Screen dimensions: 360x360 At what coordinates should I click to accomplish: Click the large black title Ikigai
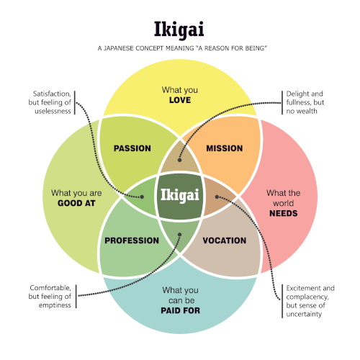(x=179, y=30)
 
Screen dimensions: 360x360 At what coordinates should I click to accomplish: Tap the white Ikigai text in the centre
(x=180, y=195)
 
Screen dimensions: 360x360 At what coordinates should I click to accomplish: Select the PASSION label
(x=132, y=148)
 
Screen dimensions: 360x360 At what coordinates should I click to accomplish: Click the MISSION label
(x=225, y=148)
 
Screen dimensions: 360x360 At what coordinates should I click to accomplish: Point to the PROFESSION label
(x=132, y=240)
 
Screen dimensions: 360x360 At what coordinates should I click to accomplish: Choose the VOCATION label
(x=225, y=240)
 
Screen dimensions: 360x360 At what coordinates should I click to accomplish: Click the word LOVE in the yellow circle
(x=180, y=100)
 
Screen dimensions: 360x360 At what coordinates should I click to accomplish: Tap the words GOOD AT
(x=76, y=203)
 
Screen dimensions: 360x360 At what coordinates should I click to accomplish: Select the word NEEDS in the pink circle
(x=284, y=213)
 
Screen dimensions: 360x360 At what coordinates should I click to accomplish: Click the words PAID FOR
(x=181, y=310)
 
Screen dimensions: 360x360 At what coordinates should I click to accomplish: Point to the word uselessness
(x=53, y=111)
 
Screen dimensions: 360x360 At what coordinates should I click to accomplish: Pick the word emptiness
(x=55, y=305)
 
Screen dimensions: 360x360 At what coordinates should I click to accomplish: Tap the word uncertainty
(x=304, y=314)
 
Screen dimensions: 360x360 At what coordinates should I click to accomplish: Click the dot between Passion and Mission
(x=179, y=160)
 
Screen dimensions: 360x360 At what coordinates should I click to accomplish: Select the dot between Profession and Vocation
(x=179, y=235)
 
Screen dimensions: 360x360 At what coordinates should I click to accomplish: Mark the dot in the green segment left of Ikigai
(x=142, y=197)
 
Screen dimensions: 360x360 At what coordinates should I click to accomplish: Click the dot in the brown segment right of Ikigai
(x=217, y=197)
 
